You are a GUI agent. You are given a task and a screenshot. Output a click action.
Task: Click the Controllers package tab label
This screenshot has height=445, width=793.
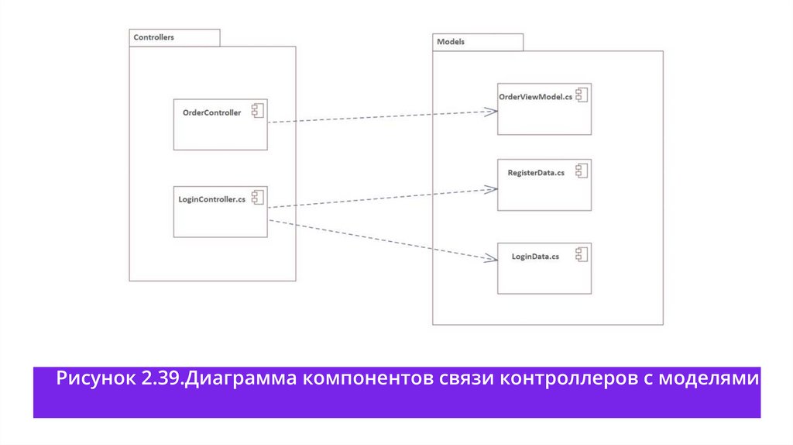tap(154, 37)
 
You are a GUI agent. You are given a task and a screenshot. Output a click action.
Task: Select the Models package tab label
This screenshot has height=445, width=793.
tap(451, 42)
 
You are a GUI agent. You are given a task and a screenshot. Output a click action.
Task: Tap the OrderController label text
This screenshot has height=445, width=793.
tap(211, 113)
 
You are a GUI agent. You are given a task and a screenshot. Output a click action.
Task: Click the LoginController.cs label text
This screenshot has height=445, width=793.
tap(211, 199)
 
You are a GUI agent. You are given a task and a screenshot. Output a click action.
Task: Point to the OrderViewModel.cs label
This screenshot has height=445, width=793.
tap(536, 96)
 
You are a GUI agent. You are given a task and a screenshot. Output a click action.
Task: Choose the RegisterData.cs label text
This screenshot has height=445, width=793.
tap(536, 172)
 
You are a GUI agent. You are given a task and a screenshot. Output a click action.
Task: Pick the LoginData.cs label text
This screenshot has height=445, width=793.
tap(535, 256)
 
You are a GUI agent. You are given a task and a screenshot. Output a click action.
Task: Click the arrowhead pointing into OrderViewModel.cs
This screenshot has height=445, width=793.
tap(491, 112)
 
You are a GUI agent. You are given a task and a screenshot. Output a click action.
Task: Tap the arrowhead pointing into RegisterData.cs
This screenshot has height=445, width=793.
tap(490, 188)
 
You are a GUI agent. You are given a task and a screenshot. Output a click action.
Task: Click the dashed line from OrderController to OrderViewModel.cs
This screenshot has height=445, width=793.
tap(379, 116)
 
